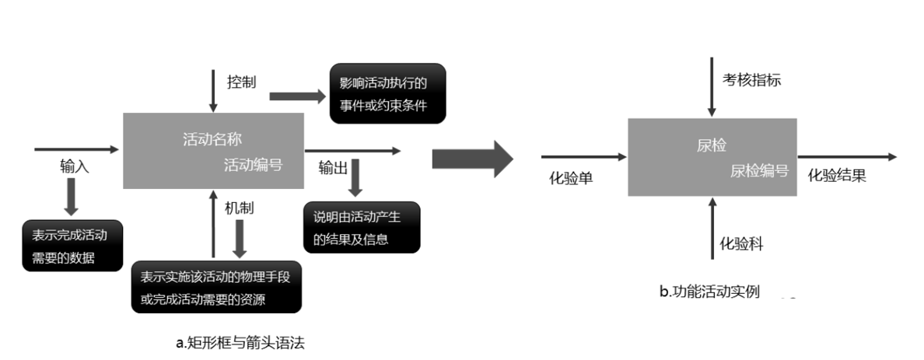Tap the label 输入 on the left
pyautogui.click(x=75, y=166)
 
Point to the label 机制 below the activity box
pyautogui.click(x=239, y=208)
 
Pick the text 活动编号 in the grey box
pyautogui.click(x=253, y=164)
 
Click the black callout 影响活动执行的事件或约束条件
pyautogui.click(x=387, y=93)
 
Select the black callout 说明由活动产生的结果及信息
pyautogui.click(x=362, y=227)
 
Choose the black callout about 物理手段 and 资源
pyautogui.click(x=215, y=287)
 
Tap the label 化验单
pyautogui.click(x=572, y=178)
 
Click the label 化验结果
pyautogui.click(x=837, y=176)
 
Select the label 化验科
pyautogui.click(x=740, y=244)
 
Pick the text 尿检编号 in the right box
pyautogui.click(x=759, y=170)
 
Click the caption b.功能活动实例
pyautogui.click(x=709, y=292)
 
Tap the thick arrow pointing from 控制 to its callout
pyautogui.click(x=297, y=96)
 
